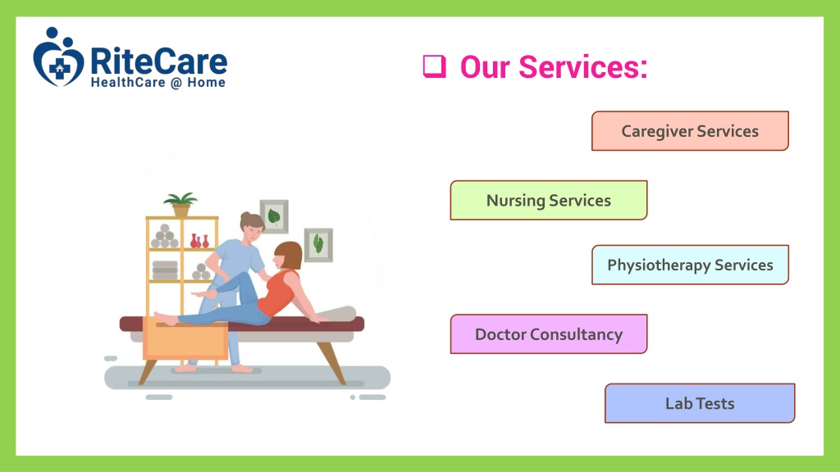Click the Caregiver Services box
click(690, 131)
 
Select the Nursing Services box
click(549, 200)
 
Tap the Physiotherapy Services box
click(690, 265)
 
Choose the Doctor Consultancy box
click(549, 334)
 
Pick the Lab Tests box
click(700, 403)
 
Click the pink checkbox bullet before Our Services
click(435, 67)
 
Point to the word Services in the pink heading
click(583, 67)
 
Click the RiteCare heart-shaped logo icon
click(58, 57)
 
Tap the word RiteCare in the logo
click(158, 61)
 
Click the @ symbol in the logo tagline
click(176, 83)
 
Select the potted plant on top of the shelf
click(180, 204)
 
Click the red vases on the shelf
click(199, 241)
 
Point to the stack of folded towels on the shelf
click(165, 270)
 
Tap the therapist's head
click(252, 226)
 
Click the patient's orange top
click(277, 293)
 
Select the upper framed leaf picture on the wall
click(274, 216)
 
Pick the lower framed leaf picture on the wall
click(318, 245)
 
